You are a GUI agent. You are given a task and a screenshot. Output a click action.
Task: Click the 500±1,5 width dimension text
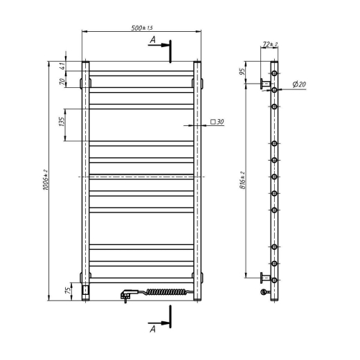point(142,28)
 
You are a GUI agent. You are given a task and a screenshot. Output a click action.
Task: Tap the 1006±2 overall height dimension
point(46,180)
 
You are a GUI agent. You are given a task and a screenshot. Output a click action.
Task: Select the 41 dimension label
point(62,66)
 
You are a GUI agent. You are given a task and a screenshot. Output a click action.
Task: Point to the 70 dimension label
point(62,81)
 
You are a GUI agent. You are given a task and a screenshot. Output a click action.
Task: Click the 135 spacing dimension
point(62,121)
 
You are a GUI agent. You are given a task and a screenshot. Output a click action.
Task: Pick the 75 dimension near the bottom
point(69,290)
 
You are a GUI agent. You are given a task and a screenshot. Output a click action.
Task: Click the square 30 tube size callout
point(217,121)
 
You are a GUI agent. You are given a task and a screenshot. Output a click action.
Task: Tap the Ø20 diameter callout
point(299,84)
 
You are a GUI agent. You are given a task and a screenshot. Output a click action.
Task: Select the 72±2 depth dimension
point(270,44)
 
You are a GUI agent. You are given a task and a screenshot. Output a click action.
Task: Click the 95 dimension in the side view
point(242,71)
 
